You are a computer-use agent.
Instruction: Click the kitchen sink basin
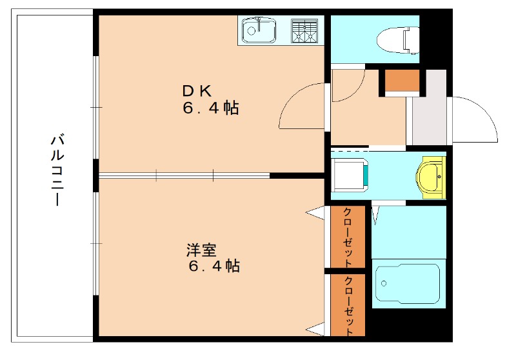point(259,30)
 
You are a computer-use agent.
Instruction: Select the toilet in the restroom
point(407,39)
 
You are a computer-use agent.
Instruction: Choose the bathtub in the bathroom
point(408,285)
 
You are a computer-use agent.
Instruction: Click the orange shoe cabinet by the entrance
point(402,82)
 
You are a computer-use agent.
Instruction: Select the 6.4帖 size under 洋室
point(213,266)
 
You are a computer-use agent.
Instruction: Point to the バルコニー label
point(57,170)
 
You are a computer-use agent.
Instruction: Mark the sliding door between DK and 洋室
point(184,174)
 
